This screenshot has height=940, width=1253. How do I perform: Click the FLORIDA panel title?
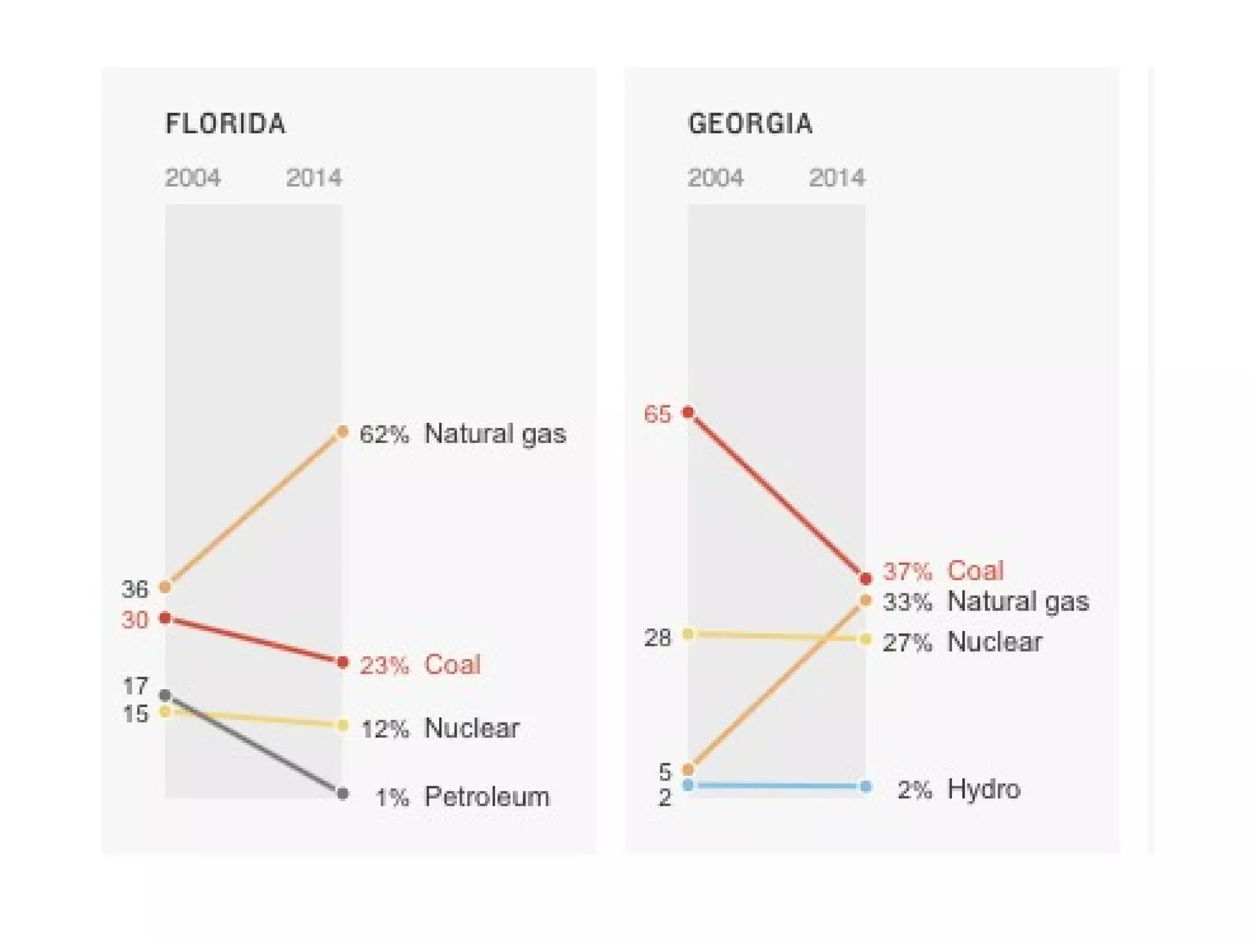coord(225,124)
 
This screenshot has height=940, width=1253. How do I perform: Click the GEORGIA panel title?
coord(750,124)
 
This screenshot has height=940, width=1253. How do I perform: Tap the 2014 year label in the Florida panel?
coord(314,178)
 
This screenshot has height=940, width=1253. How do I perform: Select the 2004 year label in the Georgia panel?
coord(715,178)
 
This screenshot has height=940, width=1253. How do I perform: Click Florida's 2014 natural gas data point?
coord(343,432)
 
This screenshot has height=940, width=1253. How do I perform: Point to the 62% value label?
coord(384,434)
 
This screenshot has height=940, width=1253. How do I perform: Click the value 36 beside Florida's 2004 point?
coord(135,589)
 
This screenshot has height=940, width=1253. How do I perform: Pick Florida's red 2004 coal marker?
coord(165,618)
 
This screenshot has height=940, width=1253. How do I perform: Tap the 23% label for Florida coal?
coord(384,665)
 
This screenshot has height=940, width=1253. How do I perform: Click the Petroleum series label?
coord(487,797)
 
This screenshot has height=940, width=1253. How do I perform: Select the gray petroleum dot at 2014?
coord(343,794)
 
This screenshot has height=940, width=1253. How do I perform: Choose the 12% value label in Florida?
coord(385,729)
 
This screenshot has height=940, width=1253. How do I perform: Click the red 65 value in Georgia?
coord(658,414)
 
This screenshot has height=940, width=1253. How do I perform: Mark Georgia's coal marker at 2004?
coord(688,412)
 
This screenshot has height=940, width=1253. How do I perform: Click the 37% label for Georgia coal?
coord(907,572)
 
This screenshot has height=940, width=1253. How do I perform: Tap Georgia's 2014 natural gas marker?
coord(865,600)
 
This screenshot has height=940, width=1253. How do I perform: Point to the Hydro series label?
coord(984,789)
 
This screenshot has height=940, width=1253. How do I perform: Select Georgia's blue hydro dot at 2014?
coord(865,786)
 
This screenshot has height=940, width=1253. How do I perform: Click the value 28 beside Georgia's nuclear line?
coord(658,638)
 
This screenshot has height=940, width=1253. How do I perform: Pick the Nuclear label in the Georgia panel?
coord(995,642)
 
